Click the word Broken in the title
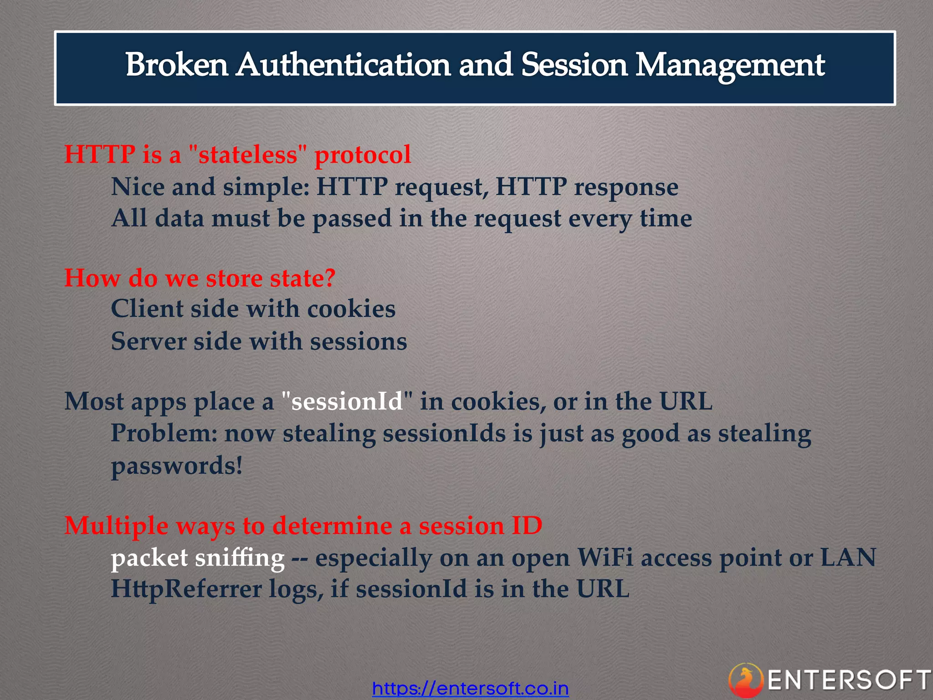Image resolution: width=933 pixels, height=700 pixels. (x=176, y=65)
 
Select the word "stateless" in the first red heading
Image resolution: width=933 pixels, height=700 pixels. (x=247, y=154)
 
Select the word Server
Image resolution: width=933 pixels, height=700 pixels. (x=149, y=341)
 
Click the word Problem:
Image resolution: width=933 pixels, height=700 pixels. (x=164, y=433)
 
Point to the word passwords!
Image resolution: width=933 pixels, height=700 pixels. (x=177, y=466)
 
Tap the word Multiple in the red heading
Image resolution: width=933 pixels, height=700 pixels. (x=116, y=526)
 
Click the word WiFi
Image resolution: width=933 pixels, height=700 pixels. (x=605, y=558)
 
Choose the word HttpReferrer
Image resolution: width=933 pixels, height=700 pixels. (x=186, y=589)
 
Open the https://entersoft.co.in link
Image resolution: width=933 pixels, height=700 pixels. (x=470, y=688)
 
